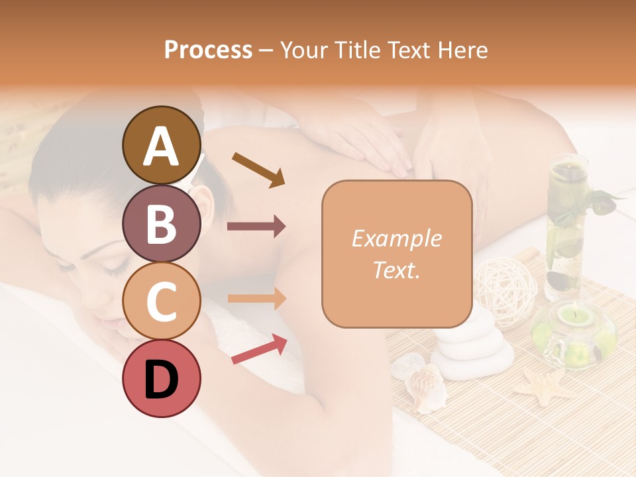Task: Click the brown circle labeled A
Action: click(162, 146)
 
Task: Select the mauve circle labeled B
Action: click(162, 224)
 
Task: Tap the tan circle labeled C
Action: click(162, 301)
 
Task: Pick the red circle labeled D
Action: click(162, 378)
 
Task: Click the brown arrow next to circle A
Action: click(258, 169)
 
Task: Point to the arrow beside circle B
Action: click(256, 227)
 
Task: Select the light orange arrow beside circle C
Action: click(256, 298)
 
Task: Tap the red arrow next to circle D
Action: click(259, 348)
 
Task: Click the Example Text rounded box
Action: click(397, 254)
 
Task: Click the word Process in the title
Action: click(208, 50)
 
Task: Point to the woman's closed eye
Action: click(113, 264)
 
